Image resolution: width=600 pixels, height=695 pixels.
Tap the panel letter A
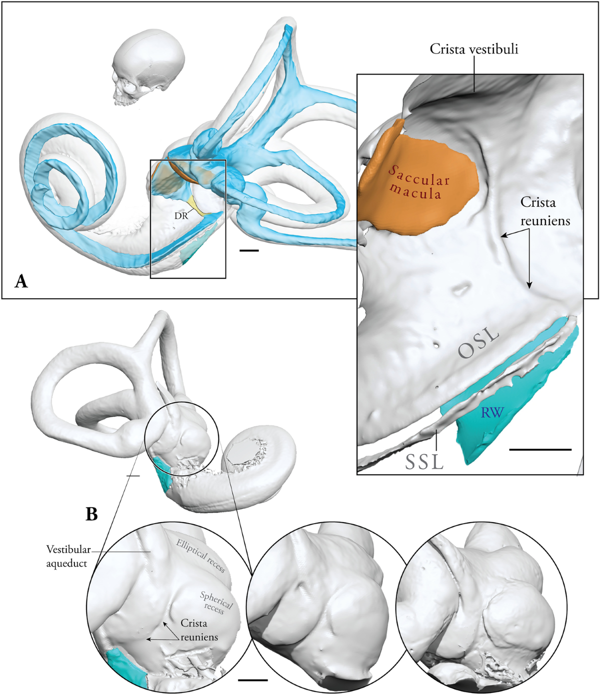click(21, 281)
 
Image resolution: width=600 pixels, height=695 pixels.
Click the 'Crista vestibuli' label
click(473, 49)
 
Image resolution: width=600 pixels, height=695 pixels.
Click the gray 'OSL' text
click(478, 343)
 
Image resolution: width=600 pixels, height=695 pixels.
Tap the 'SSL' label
click(424, 462)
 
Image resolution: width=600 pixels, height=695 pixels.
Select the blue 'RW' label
click(492, 413)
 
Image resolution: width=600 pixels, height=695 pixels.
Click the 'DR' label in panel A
click(181, 216)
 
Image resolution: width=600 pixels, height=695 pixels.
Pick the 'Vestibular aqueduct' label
click(68, 556)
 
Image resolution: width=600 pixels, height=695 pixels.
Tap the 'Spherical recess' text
click(215, 602)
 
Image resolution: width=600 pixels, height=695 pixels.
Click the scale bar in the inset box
click(540, 450)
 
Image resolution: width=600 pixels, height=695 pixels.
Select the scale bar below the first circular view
click(252, 680)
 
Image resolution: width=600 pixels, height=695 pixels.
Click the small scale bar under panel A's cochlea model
click(249, 250)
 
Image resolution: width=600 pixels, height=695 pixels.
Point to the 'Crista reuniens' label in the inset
click(544, 211)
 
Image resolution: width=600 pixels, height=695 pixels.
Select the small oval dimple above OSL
click(460, 288)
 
